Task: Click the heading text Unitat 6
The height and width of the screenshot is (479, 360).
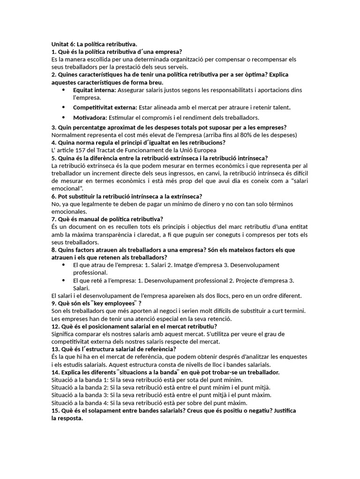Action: pyautogui.click(x=62, y=44)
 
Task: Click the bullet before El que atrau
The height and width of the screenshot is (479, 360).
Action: pyautogui.click(x=63, y=265)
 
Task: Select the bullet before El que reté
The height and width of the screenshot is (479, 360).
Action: pyautogui.click(x=63, y=280)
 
